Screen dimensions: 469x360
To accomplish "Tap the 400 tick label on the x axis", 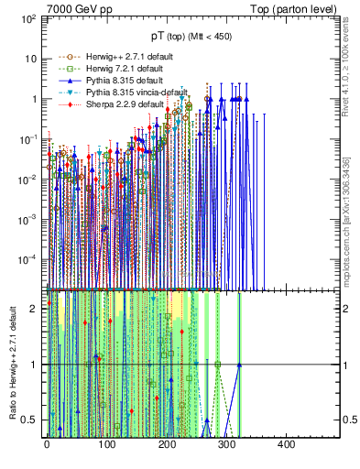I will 286,444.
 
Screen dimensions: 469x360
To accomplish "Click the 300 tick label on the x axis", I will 226,444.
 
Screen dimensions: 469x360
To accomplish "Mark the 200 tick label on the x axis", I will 167,444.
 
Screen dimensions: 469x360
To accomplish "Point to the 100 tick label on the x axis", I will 106,444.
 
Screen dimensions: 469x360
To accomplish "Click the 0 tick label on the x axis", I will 47,444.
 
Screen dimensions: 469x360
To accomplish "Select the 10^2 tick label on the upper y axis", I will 27,18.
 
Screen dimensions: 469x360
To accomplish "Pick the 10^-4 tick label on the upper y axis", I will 27,259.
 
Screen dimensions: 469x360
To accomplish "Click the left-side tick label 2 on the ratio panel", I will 33,309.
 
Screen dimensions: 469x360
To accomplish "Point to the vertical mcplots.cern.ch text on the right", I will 352,220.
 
